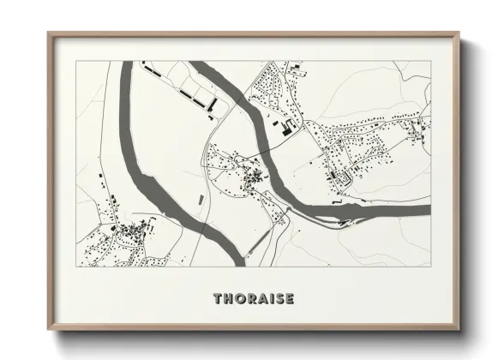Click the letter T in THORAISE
(218, 299)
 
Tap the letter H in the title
(229, 299)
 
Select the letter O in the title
(241, 299)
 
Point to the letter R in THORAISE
(253, 299)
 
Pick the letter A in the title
(264, 299)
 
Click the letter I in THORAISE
(273, 299)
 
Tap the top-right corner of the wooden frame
(460, 33)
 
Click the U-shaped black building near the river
(285, 129)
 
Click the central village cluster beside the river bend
(254, 179)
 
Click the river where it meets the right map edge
(426, 209)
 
